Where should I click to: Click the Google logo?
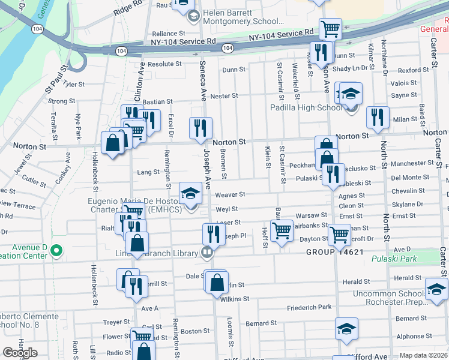(x=20, y=353)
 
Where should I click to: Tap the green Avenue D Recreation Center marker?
(x=56, y=250)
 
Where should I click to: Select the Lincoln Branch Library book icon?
(x=207, y=252)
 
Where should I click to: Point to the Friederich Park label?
(x=309, y=307)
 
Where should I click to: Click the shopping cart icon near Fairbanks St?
(x=282, y=230)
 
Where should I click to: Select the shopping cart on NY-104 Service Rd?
(x=330, y=28)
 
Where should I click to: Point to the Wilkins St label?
(x=234, y=298)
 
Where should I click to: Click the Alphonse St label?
(x=410, y=337)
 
